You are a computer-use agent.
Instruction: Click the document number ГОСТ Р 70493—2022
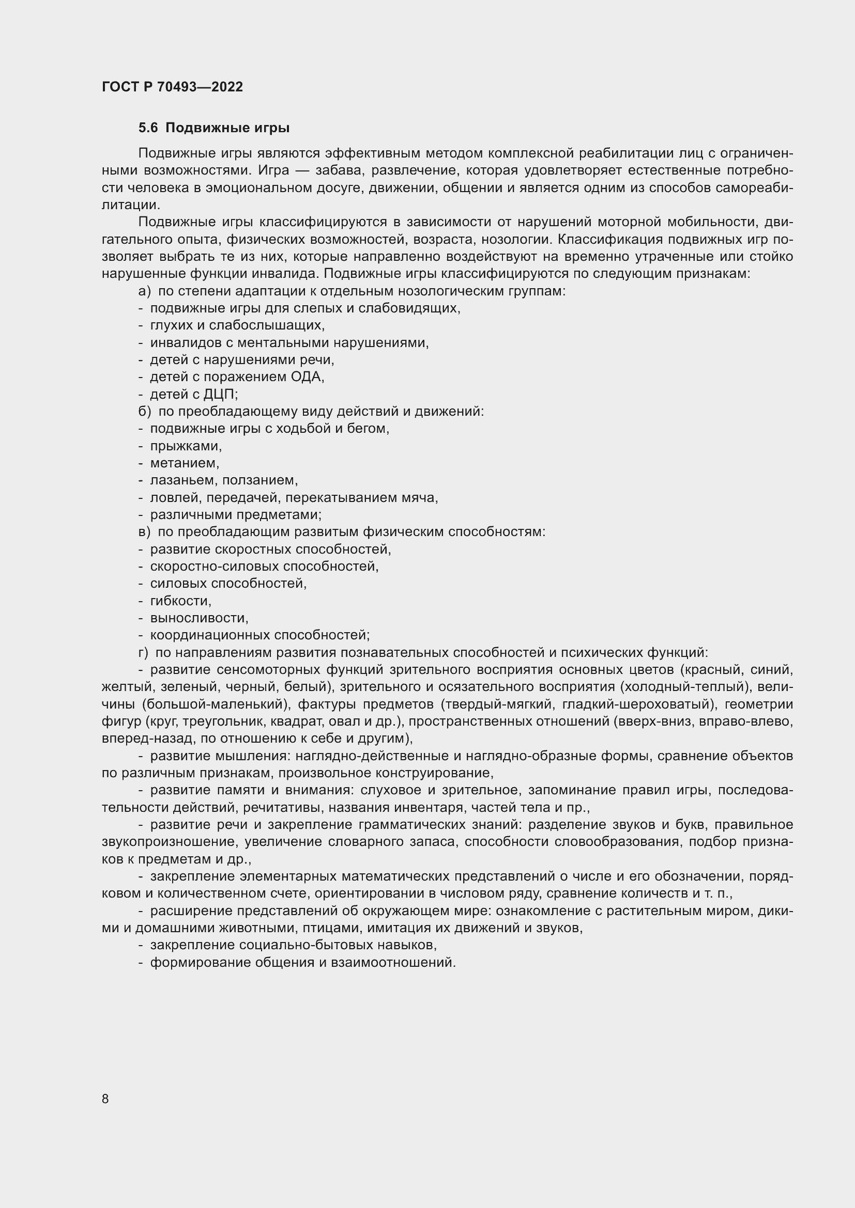pyautogui.click(x=172, y=87)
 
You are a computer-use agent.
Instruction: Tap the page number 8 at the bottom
pyautogui.click(x=105, y=1099)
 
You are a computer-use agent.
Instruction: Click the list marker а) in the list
pyautogui.click(x=144, y=291)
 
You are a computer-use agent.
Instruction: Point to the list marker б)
pyautogui.click(x=144, y=412)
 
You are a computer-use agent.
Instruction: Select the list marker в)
pyautogui.click(x=144, y=532)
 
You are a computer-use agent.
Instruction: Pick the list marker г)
pyautogui.click(x=143, y=652)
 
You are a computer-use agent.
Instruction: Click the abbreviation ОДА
pyautogui.click(x=307, y=376)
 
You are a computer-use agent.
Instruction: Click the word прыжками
pyautogui.click(x=186, y=446)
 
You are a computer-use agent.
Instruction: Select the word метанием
pyautogui.click(x=184, y=463)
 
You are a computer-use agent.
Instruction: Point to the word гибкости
pyautogui.click(x=180, y=601)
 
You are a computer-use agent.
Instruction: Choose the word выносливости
pyautogui.click(x=199, y=618)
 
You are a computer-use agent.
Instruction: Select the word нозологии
pyautogui.click(x=511, y=240)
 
